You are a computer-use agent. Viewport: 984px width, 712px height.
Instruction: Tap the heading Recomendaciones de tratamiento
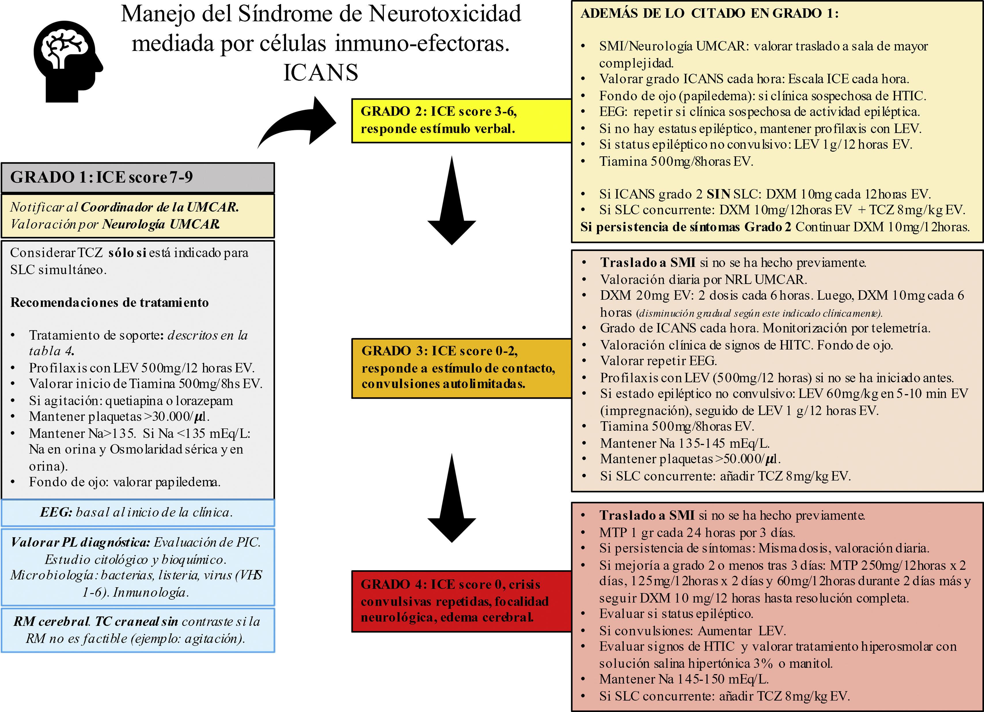pos(109,302)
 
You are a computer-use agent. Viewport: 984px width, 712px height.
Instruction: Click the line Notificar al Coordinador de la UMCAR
pos(124,207)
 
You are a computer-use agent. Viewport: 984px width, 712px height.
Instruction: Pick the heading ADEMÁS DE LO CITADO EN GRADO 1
pos(709,14)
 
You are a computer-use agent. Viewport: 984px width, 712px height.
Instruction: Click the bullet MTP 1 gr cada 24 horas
pos(697,532)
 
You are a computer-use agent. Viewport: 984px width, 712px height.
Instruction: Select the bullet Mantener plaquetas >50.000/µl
pos(690,459)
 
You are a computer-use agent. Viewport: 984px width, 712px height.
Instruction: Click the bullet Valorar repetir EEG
pos(658,361)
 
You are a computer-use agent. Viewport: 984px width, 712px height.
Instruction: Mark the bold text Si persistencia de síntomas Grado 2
pos(685,227)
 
